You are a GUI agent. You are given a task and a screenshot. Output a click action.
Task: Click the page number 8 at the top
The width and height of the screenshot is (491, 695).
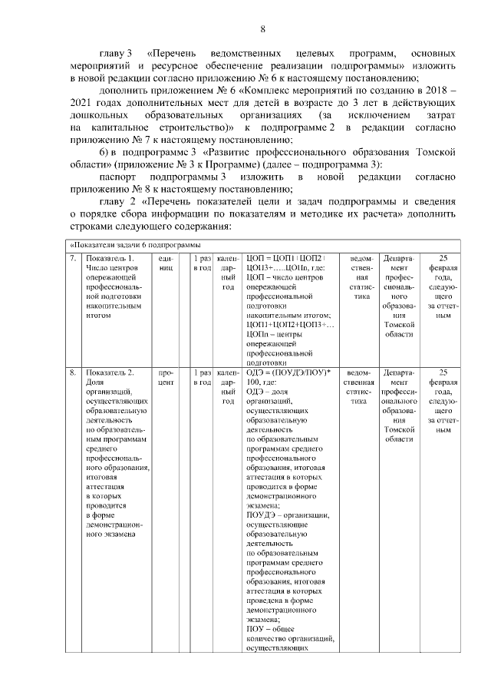262,29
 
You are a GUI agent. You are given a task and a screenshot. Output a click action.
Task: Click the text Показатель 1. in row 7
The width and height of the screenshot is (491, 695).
110,258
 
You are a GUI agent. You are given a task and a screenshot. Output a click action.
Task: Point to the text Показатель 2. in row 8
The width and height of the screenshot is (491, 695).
110,372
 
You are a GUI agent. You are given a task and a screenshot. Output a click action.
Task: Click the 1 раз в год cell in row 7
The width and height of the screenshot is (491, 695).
203,263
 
